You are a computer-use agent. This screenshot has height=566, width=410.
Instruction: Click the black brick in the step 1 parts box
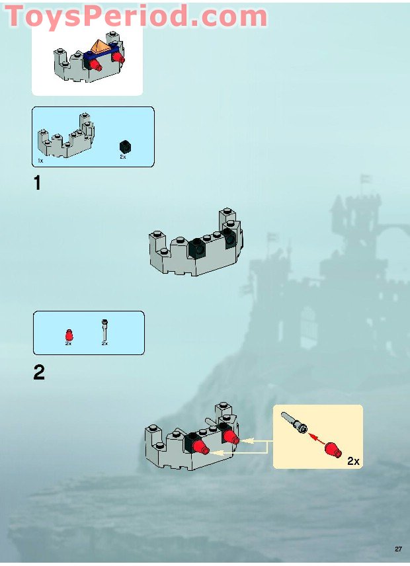(x=124, y=146)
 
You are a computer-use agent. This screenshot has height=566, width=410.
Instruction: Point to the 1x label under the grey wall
(x=40, y=161)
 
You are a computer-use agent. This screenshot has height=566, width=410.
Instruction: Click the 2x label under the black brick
(x=123, y=157)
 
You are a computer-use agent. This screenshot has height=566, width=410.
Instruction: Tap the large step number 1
(x=38, y=183)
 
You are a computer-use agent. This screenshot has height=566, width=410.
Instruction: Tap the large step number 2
(x=39, y=373)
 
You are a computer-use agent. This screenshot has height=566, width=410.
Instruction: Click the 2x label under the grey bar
(x=104, y=344)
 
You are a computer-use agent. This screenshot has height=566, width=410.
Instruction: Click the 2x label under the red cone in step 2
(x=68, y=344)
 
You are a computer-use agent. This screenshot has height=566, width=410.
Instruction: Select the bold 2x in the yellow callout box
(x=353, y=461)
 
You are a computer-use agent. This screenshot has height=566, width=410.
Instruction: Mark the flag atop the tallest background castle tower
(x=365, y=179)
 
